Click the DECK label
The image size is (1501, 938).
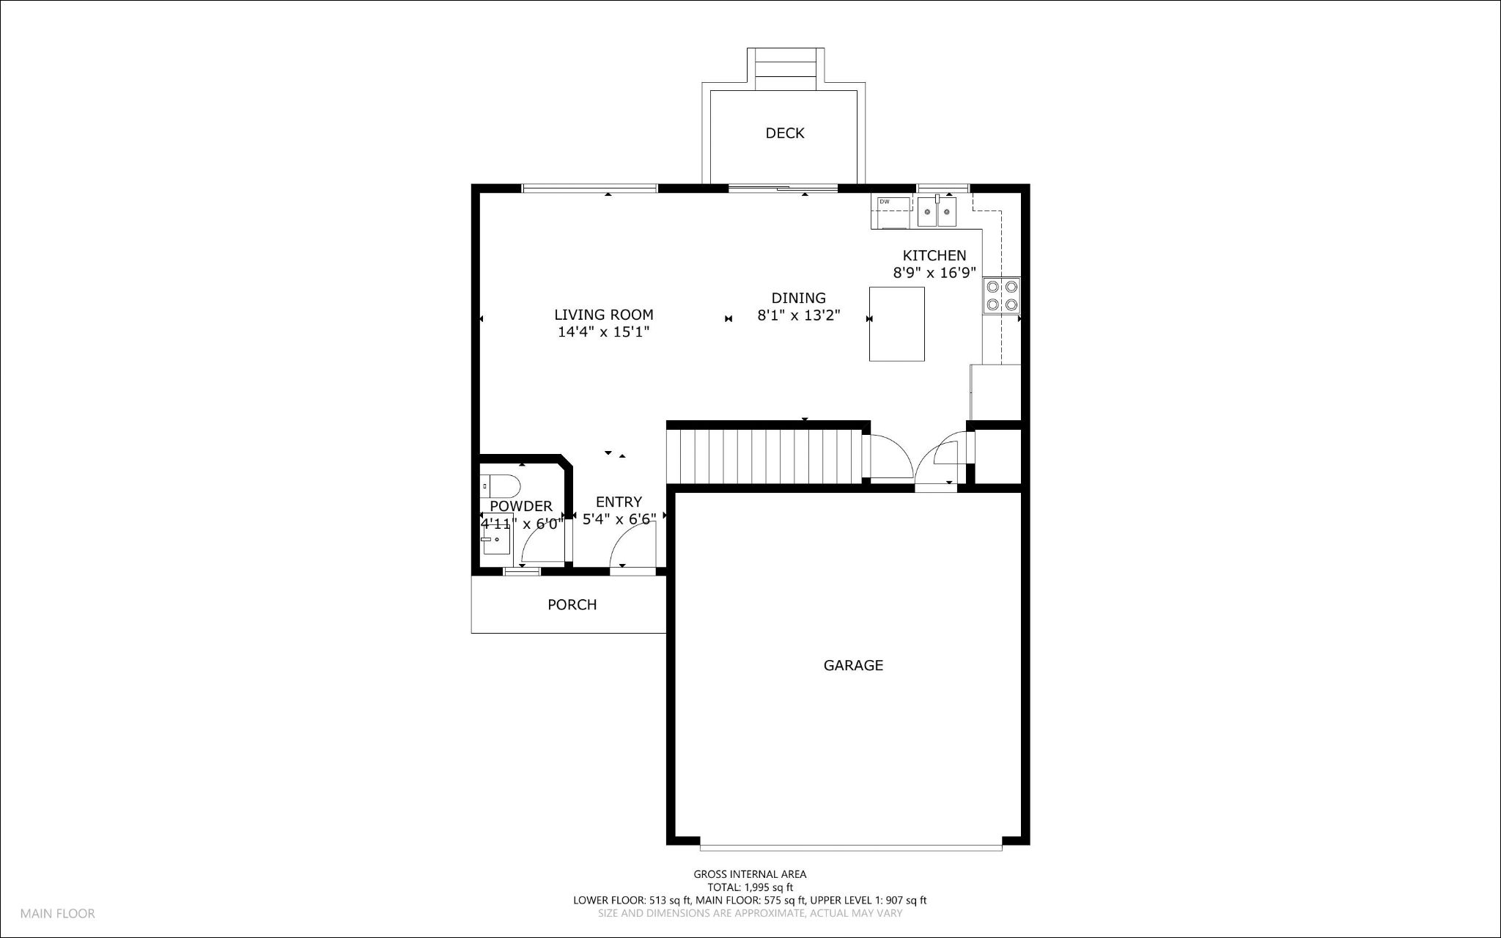coord(784,133)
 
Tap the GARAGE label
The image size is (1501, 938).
coord(853,665)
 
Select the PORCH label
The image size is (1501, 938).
coord(572,604)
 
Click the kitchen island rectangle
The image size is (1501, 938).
coord(896,324)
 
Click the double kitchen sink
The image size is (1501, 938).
coord(937,212)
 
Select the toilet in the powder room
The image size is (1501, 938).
coord(500,486)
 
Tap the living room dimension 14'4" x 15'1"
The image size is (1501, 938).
coord(604,331)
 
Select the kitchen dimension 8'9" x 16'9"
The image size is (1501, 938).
coord(934,273)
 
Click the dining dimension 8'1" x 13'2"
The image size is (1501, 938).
coord(798,315)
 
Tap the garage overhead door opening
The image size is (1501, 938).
coord(850,847)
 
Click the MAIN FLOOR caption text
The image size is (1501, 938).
coord(57,914)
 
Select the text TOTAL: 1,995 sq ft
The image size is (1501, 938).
coord(750,887)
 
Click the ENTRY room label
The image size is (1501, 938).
coord(619,502)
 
